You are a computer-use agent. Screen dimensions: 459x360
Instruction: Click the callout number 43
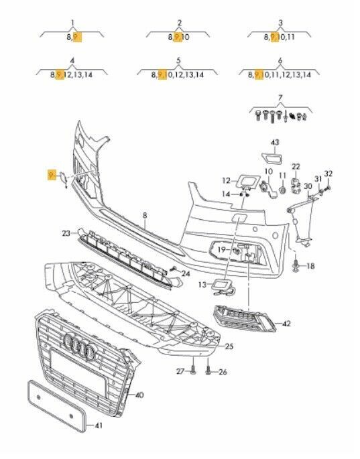click(x=274, y=142)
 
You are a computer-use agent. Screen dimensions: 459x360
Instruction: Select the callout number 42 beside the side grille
click(x=287, y=324)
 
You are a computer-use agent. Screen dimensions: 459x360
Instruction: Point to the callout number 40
click(x=139, y=395)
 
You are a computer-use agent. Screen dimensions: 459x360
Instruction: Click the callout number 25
click(x=229, y=346)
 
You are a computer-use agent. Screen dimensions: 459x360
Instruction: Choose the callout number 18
click(x=310, y=266)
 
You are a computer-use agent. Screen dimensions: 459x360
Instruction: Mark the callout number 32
click(x=328, y=174)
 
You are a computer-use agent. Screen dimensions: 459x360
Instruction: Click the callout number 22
click(x=296, y=166)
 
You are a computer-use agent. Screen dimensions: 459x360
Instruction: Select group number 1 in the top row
click(x=72, y=23)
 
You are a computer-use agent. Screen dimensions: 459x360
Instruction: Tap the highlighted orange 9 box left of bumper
click(x=51, y=175)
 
